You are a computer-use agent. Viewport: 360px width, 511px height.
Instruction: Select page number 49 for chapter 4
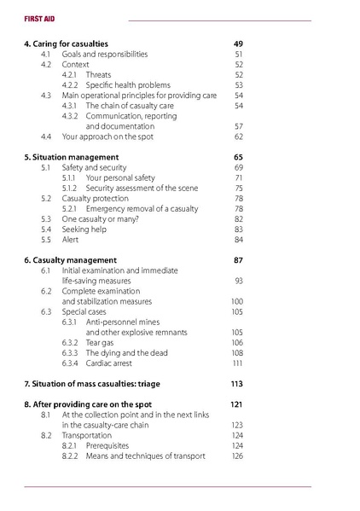point(238,43)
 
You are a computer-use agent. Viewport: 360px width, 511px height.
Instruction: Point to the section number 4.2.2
point(72,84)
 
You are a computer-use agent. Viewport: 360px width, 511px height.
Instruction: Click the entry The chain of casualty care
point(130,105)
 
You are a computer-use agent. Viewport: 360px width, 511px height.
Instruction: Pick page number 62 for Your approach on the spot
point(239,136)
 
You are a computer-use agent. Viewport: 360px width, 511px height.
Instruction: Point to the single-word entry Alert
point(72,240)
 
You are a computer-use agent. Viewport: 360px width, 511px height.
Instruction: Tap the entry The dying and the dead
point(126,352)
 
